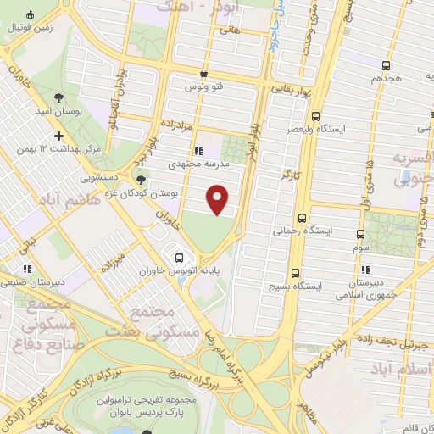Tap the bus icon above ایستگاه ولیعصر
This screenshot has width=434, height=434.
click(x=315, y=116)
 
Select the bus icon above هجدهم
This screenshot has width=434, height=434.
click(x=386, y=65)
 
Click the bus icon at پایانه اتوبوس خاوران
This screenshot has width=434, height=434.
click(x=178, y=258)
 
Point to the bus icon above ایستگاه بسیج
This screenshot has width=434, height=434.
click(x=295, y=273)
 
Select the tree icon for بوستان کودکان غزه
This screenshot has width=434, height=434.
click(x=141, y=181)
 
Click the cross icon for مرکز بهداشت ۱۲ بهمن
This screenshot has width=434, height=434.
click(x=58, y=136)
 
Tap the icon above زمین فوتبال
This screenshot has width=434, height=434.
click(x=31, y=15)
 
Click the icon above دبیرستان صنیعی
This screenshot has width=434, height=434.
click(x=28, y=270)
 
